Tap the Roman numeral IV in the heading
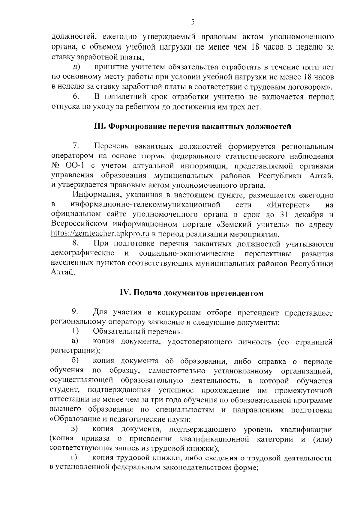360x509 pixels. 124,293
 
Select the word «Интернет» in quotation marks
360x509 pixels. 288,205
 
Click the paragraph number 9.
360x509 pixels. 75,313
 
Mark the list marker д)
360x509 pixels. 76,67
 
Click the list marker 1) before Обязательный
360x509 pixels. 75,332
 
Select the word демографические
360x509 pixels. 82,253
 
